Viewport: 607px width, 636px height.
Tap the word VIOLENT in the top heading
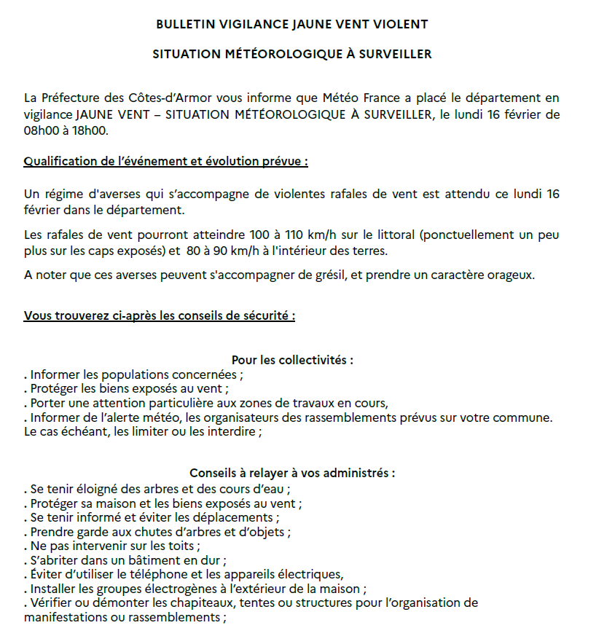pyautogui.click(x=401, y=24)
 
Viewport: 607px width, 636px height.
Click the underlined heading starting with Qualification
pyautogui.click(x=166, y=161)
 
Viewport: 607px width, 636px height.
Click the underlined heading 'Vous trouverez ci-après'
pyautogui.click(x=160, y=316)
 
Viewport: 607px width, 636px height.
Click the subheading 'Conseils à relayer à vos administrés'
pyautogui.click(x=292, y=473)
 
